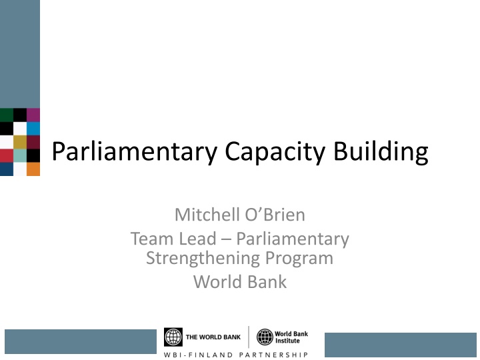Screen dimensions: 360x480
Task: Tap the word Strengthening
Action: [x=201, y=257]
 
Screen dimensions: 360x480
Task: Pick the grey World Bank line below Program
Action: [x=240, y=281]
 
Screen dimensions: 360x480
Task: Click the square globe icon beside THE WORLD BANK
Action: [x=173, y=337]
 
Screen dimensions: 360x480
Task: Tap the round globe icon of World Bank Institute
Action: [x=265, y=337]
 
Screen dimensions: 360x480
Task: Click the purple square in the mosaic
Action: [x=33, y=115]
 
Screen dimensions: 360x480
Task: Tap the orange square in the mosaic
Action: [x=33, y=169]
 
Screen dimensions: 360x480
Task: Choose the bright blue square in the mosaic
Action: [x=33, y=128]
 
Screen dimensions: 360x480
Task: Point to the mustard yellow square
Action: [x=20, y=141]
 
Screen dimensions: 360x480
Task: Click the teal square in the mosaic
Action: [x=20, y=155]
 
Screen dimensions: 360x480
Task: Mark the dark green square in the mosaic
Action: [x=6, y=115]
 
